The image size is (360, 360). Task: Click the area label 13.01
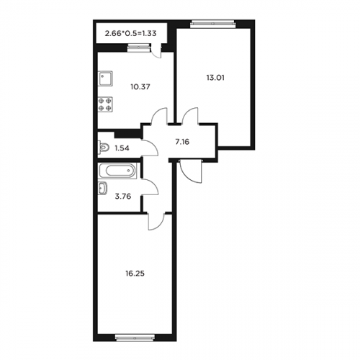215,78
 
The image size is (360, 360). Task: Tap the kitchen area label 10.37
140,86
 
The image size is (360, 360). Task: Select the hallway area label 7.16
182,142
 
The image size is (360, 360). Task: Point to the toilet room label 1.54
122,148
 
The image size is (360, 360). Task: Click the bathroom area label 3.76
123,197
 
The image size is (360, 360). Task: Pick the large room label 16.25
135,274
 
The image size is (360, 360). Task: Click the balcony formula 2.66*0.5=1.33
130,33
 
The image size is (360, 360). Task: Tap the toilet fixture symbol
104,147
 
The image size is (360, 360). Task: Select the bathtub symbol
117,171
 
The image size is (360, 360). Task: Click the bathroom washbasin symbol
103,188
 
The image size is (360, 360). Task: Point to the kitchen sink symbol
105,78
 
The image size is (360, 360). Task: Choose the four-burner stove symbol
105,104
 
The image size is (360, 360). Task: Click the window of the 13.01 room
212,24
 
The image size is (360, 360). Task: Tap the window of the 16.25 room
135,338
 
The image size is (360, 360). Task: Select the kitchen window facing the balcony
138,48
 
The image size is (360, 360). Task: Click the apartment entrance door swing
191,171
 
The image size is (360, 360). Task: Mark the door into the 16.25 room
156,222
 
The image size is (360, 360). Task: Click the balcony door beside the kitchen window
156,51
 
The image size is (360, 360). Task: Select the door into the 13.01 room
190,116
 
